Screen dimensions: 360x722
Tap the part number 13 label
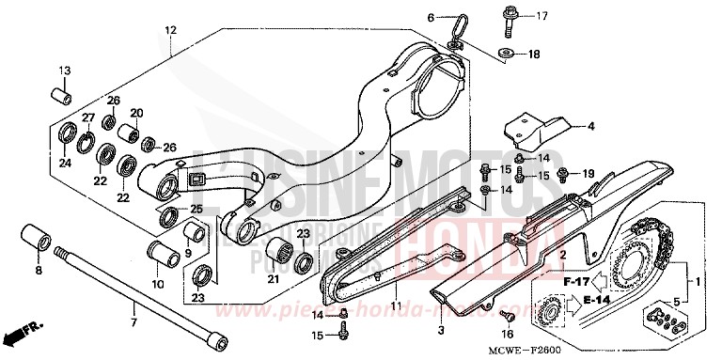[x=66, y=71]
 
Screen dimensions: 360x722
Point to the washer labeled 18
[x=509, y=54]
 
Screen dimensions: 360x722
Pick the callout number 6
[x=432, y=18]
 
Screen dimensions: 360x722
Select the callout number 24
[x=65, y=163]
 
